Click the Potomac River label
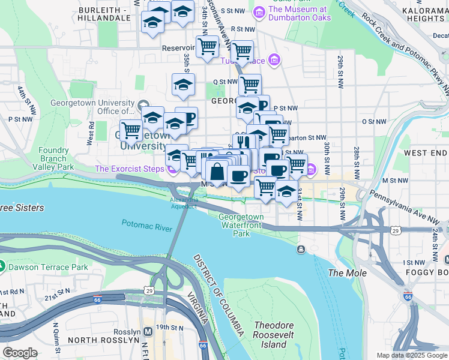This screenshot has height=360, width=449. (x=146, y=225)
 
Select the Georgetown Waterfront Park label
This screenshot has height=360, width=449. (x=241, y=225)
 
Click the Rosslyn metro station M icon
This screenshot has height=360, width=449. (x=148, y=332)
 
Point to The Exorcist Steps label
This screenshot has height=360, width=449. (x=130, y=169)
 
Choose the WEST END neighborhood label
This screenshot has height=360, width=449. (x=425, y=153)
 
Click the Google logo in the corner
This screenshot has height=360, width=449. (x=20, y=352)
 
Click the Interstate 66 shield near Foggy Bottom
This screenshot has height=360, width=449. (x=408, y=296)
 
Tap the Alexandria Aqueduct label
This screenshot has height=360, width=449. (x=183, y=203)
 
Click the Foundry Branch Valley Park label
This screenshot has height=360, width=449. (x=55, y=158)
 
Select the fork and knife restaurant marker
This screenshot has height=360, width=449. (x=243, y=142)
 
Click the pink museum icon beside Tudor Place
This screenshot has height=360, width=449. (x=274, y=60)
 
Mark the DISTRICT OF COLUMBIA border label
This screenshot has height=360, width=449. (x=219, y=294)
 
